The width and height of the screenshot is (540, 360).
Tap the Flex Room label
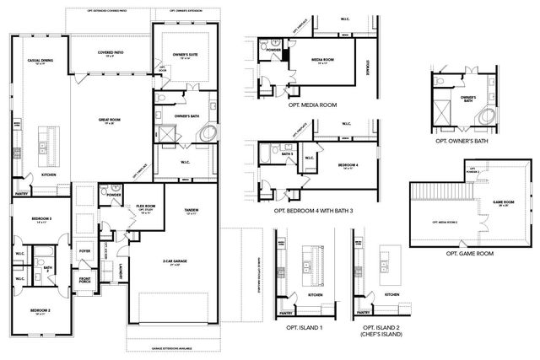(146, 207)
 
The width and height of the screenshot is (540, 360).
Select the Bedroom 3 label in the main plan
(42, 218)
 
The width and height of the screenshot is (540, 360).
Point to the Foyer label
(84, 250)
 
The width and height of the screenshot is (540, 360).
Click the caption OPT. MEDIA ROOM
(312, 105)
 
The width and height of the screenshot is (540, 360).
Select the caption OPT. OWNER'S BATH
(462, 142)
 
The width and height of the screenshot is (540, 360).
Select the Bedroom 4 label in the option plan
(345, 166)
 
